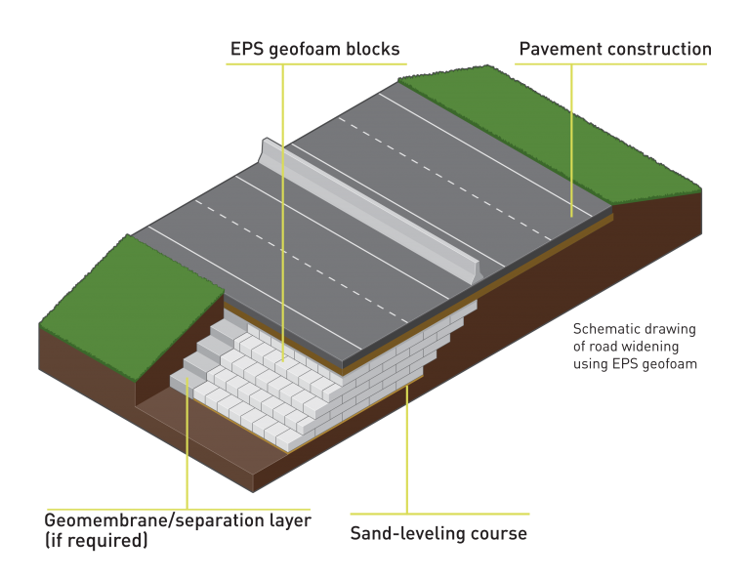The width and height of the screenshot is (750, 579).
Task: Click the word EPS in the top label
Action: [247, 49]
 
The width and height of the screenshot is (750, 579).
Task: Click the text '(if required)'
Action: [96, 540]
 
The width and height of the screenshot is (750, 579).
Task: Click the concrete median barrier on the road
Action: [371, 210]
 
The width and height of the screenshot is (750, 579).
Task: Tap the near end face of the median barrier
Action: [477, 272]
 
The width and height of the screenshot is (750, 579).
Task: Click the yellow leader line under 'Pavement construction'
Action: [571, 141]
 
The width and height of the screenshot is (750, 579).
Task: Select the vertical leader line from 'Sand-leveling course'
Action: [407, 449]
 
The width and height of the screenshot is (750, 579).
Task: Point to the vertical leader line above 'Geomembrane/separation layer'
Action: [187, 443]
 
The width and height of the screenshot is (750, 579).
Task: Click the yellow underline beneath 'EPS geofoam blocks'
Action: [316, 63]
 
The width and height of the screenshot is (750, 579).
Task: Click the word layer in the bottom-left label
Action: [291, 520]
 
